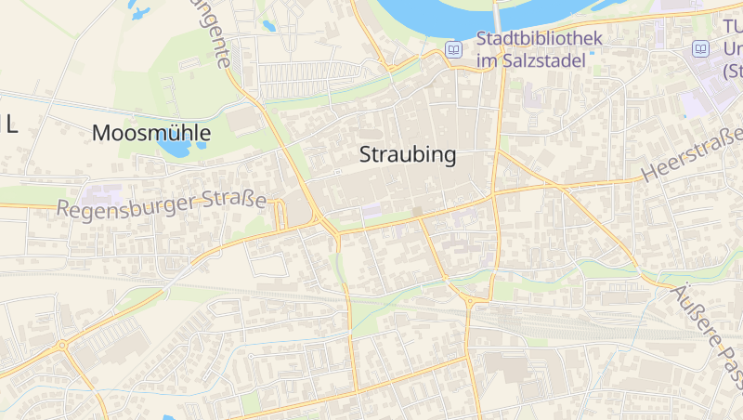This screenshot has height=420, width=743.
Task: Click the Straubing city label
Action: [x=408, y=155]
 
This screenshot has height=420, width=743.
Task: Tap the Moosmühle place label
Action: [x=151, y=133]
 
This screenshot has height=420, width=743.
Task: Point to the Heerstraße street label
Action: [x=693, y=154]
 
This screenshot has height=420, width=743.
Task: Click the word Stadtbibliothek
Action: [x=540, y=39]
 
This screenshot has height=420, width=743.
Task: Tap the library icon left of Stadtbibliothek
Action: [x=454, y=49]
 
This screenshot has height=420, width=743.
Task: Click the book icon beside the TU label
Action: [x=701, y=48]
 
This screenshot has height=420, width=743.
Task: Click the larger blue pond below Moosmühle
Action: [x=174, y=146]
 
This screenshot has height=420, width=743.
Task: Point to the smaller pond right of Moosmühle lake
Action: [x=202, y=144]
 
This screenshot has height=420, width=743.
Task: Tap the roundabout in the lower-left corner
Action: [x=62, y=346]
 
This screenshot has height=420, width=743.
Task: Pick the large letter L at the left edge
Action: [x=11, y=125]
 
